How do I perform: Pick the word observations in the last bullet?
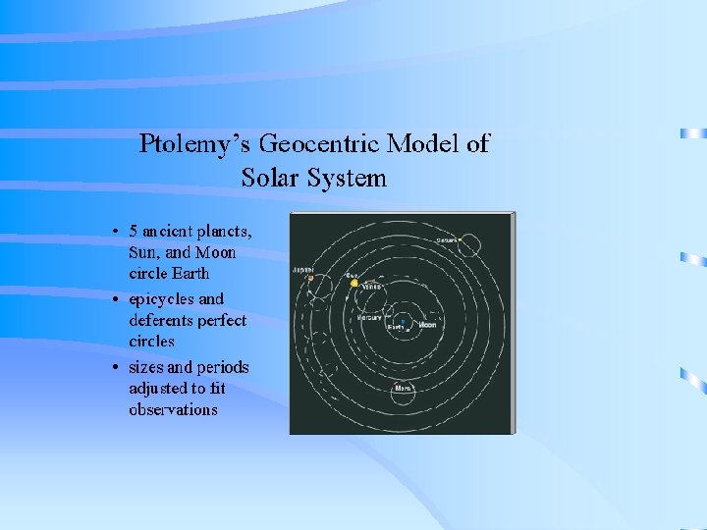point(173,409)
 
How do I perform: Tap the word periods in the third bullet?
point(223,367)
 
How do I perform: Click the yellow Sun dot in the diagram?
point(354,283)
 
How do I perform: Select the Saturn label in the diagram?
point(447,239)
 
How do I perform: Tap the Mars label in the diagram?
point(402,388)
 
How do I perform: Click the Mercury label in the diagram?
point(370,318)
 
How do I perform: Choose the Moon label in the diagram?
point(428,325)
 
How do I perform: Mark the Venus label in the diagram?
point(371,287)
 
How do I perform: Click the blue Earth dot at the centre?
point(401,321)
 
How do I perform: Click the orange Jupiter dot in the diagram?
point(310,278)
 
